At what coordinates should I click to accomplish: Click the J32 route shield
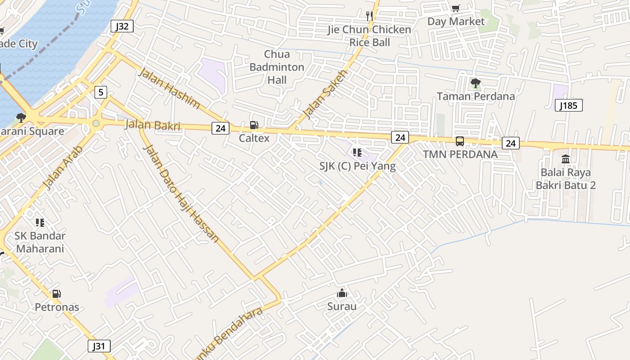122,26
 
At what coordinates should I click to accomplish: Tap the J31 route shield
99,346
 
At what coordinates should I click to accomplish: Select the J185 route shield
569,106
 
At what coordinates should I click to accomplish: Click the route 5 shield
100,93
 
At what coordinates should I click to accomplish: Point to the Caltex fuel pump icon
254,125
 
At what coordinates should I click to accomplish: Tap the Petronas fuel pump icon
57,294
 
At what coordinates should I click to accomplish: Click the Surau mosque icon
342,293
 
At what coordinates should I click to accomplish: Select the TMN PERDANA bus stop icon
460,141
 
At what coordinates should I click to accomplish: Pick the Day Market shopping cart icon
456,8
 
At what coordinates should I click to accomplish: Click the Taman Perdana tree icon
475,83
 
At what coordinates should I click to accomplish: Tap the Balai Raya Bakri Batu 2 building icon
566,159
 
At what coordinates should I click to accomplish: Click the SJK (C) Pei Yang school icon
357,153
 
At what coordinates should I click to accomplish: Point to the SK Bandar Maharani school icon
40,222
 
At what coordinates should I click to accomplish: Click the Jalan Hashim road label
169,89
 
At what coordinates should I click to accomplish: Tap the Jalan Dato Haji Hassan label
181,193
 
